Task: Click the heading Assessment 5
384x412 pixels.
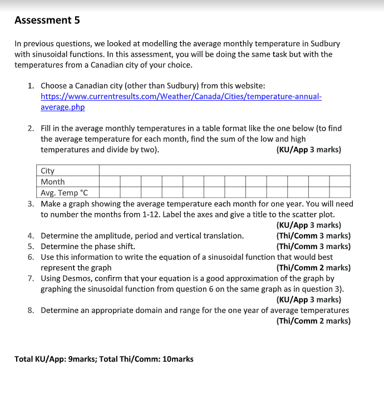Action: tap(47, 21)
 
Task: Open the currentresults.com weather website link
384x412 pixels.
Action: tap(181, 96)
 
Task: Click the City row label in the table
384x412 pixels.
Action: tap(48, 171)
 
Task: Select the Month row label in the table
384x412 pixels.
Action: tap(53, 182)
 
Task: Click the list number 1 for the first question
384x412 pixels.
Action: tap(31, 86)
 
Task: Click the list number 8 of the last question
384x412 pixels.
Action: tap(31, 310)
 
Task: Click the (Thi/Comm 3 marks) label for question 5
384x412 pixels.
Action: tap(313, 246)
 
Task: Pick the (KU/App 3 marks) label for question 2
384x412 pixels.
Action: tap(308, 150)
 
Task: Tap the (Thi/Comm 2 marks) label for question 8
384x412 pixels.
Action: tap(313, 321)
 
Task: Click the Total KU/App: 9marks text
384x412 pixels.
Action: tap(50, 359)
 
